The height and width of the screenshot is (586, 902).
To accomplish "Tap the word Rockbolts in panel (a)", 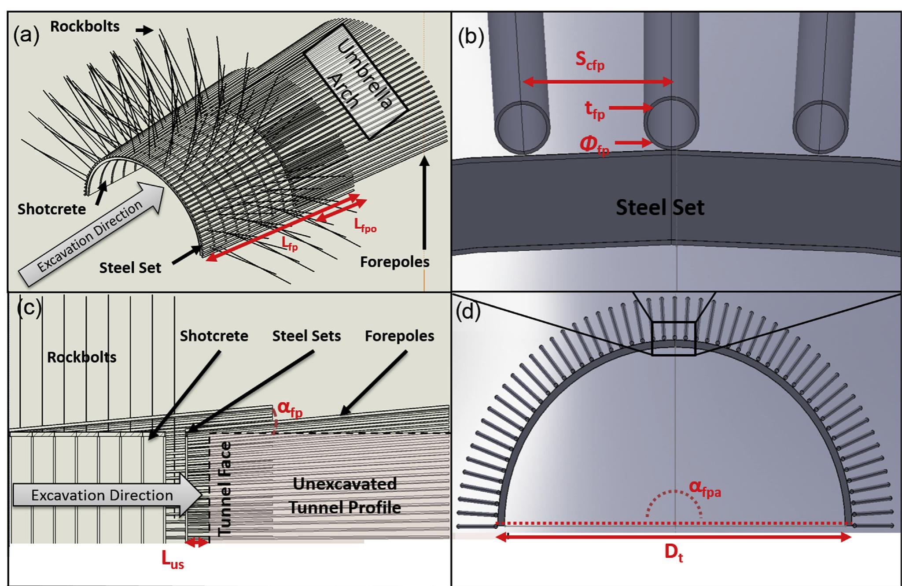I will click(85, 26).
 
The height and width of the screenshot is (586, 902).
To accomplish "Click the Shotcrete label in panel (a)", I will click(52, 209).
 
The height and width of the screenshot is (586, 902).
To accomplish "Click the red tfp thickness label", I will click(595, 110).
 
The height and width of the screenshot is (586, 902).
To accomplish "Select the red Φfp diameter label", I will click(594, 145).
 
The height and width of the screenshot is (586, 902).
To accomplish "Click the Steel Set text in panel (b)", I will click(659, 208).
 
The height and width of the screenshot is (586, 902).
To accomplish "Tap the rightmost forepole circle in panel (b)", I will click(820, 127).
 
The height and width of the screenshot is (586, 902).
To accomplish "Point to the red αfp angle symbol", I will click(290, 410).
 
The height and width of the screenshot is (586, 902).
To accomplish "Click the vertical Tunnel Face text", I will click(225, 488).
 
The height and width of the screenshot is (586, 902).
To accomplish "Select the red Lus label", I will click(172, 560).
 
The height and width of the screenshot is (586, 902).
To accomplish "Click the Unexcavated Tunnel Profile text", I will click(345, 496).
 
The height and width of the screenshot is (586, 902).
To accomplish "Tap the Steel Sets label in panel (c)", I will click(306, 336).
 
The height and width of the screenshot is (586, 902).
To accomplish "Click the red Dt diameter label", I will click(674, 554).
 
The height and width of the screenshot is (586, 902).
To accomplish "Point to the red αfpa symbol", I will click(705, 488).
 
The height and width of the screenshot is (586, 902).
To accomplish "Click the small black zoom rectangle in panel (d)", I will click(673, 338).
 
